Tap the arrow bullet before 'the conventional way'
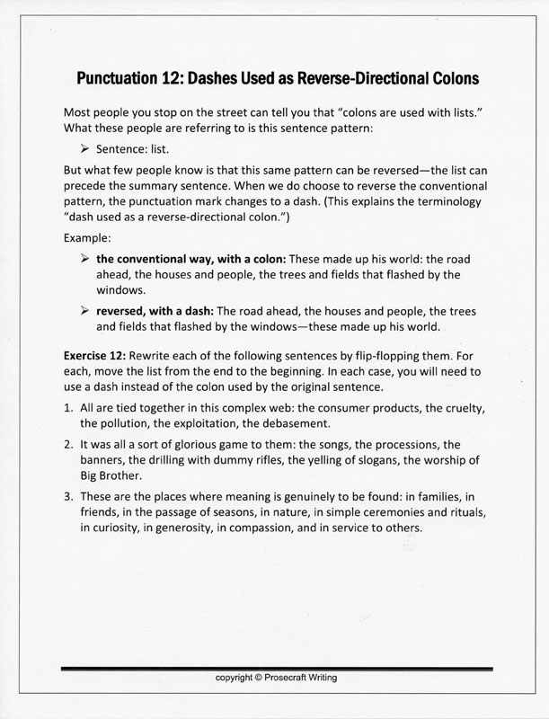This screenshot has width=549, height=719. (x=85, y=259)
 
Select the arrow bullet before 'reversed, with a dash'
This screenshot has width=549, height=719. (x=85, y=311)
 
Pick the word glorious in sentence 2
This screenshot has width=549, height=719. (x=195, y=444)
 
